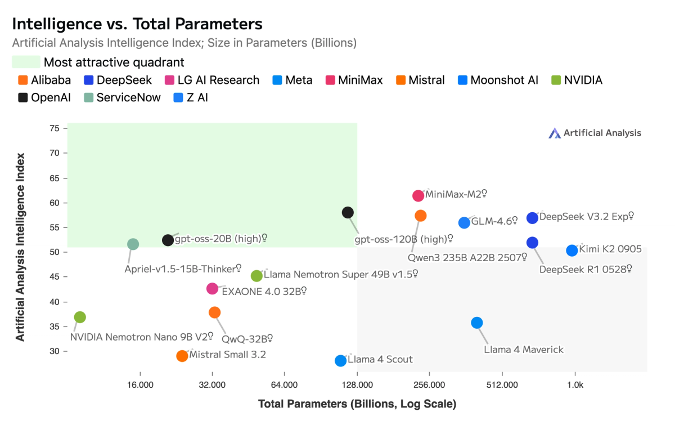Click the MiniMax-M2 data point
pos(418,196)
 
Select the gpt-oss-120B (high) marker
pos(348,212)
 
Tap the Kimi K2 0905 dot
pos(572,250)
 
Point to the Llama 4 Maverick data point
pos(477,323)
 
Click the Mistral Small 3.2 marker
pos(182,356)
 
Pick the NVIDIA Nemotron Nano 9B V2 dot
pos(80,317)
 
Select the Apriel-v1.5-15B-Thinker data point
pos(133,244)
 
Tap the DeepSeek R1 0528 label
pos(585,269)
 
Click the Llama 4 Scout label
pos(380,359)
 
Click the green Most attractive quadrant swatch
pos(26,62)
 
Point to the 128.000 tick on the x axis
pos(357,385)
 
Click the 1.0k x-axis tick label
pos(575,385)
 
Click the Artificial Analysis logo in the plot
pos(595,133)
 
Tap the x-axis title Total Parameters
pos(357,404)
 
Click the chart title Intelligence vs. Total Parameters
pos(137,24)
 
